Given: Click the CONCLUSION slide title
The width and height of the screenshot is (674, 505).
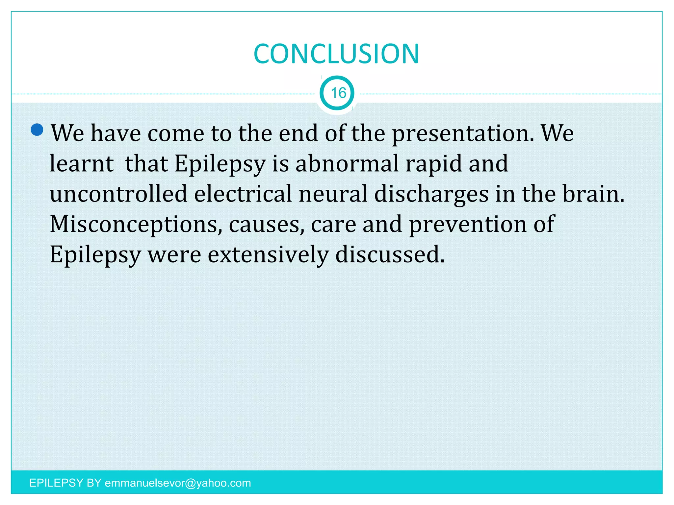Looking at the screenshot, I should [336, 54].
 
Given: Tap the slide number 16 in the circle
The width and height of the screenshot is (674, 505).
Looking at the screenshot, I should [338, 93].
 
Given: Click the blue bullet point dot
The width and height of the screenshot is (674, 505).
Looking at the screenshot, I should [37, 130].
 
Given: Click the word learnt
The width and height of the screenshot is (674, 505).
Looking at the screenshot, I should [82, 164].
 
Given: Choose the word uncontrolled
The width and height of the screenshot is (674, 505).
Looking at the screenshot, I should [118, 194].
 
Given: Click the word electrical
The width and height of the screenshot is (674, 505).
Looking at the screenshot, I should [243, 194].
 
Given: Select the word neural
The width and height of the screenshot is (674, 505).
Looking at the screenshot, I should [333, 194].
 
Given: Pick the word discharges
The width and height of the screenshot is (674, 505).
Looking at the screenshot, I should [431, 194].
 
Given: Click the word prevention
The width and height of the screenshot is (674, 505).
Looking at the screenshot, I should [467, 225].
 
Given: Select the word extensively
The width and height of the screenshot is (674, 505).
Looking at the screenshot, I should [268, 255].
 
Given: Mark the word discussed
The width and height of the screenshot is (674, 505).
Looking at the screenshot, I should [390, 255].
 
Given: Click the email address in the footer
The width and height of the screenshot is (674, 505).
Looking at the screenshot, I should [178, 483].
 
